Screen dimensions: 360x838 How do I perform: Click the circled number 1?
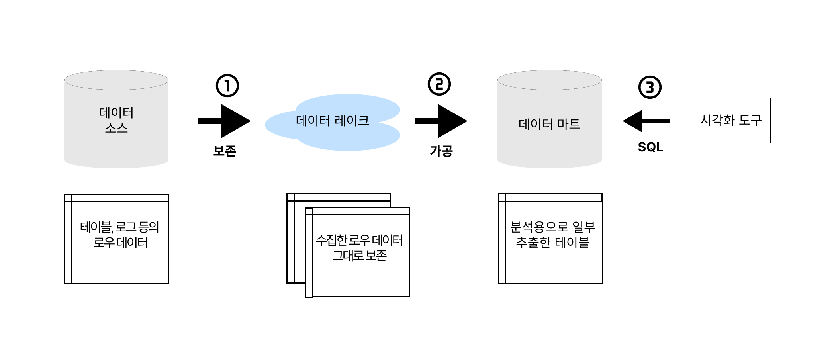point(227,86)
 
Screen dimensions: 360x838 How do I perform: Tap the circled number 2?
point(439,84)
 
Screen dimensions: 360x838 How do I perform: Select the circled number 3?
point(650,87)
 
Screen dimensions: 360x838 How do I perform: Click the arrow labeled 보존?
point(224,121)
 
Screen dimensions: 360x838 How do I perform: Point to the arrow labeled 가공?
point(441,121)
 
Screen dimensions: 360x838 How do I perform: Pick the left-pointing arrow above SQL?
point(646,121)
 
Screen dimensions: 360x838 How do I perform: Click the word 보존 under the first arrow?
point(225,151)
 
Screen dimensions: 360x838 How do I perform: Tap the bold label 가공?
point(441,151)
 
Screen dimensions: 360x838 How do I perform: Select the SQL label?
point(650,147)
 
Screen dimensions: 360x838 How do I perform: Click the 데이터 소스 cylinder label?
point(116,119)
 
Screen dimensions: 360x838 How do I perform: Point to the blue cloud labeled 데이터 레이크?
point(333,121)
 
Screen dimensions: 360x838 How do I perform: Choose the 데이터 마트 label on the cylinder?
point(549,124)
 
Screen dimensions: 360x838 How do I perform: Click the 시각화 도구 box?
point(730,120)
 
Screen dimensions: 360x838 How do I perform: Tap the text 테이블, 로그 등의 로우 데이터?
point(120,235)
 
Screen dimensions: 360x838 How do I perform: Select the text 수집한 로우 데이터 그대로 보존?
point(359,248)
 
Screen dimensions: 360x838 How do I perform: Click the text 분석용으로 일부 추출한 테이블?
point(552,235)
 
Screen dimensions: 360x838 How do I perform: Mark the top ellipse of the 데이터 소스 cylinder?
point(116,80)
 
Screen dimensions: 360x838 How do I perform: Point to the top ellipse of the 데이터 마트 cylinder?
point(549,80)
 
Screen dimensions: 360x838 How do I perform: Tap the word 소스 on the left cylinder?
point(116,128)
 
